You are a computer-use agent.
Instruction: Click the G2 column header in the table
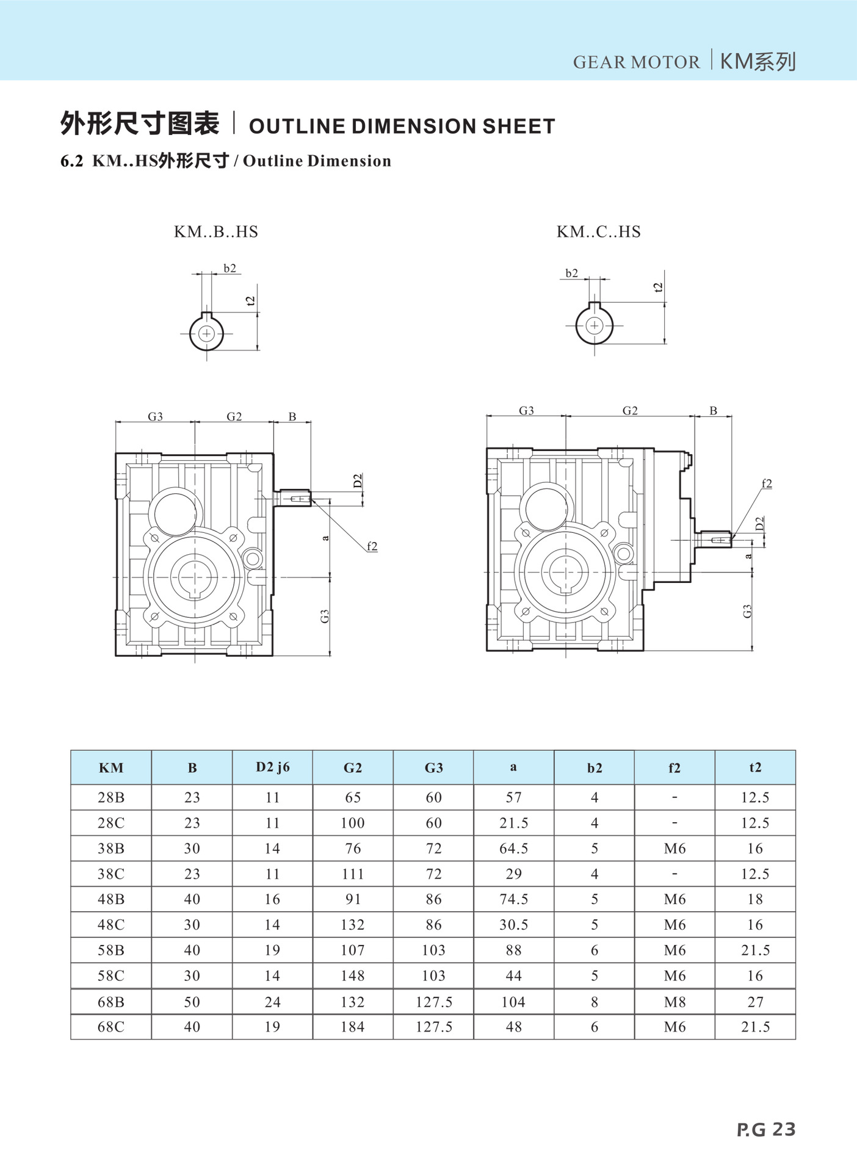tap(353, 768)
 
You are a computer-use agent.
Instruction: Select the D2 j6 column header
tap(272, 767)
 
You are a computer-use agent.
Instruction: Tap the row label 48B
tap(111, 899)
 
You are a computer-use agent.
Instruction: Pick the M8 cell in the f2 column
tap(674, 1002)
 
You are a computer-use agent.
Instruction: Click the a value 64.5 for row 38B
tap(513, 848)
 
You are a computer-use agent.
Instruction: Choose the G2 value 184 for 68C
tap(353, 1027)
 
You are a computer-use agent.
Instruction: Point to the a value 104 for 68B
tap(513, 1002)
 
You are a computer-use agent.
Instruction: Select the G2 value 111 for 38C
tap(353, 874)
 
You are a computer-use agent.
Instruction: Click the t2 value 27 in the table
tap(755, 1002)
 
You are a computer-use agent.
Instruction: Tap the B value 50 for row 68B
tap(192, 1002)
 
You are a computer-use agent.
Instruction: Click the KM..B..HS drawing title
tap(216, 232)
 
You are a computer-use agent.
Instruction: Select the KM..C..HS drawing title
tap(598, 232)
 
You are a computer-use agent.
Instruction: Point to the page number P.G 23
tap(766, 1129)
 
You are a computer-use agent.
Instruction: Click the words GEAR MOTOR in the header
tap(636, 62)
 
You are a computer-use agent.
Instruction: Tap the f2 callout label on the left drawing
tap(372, 546)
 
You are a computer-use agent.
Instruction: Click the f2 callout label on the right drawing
tap(767, 483)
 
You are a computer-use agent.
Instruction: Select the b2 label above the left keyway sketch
tap(230, 269)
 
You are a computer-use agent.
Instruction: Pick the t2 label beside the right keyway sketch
tap(658, 287)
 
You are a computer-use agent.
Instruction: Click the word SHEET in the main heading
tap(519, 126)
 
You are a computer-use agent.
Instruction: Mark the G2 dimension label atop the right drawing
tap(630, 411)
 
